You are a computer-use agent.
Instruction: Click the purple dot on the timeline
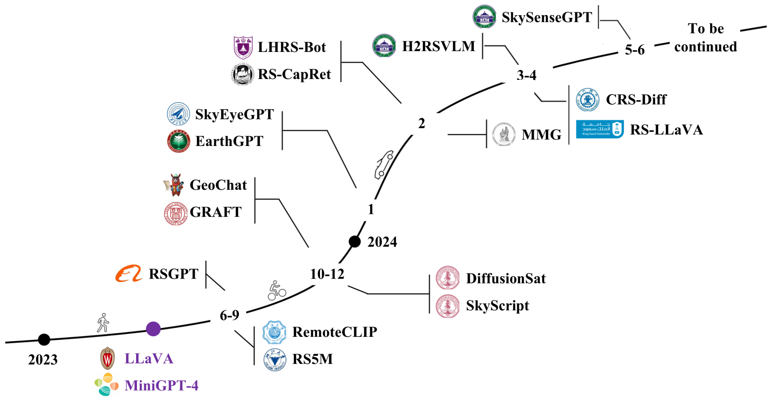tap(153, 329)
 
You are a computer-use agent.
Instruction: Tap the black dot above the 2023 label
tap(44, 339)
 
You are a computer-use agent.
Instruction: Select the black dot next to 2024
tap(355, 241)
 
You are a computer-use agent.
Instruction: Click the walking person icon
tap(103, 323)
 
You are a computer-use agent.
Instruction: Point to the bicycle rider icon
tap(277, 291)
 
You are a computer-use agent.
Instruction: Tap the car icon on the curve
tap(384, 165)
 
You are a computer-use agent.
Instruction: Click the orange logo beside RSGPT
tap(129, 274)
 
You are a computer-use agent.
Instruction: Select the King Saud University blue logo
tap(600, 129)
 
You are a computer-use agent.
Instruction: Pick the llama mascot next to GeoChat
tap(174, 185)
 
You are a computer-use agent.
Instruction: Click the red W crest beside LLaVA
tap(107, 359)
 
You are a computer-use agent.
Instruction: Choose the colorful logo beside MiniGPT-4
tap(106, 384)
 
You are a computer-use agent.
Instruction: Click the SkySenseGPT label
tap(547, 17)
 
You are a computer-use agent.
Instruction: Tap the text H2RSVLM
tap(438, 46)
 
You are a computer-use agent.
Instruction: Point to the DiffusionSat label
tap(506, 279)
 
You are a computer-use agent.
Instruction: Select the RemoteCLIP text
tap(335, 332)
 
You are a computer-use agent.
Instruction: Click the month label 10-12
tap(327, 274)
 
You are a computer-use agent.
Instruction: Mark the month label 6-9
tap(230, 315)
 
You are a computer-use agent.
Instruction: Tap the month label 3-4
tap(527, 75)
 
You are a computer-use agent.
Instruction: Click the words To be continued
tap(706, 38)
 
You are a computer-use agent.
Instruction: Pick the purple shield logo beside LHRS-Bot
tap(243, 47)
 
